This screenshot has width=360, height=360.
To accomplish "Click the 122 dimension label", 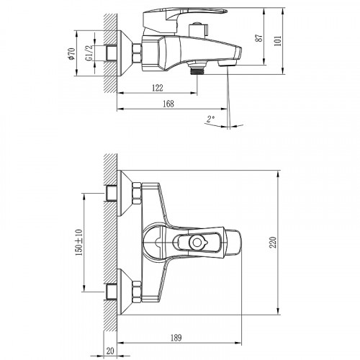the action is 158,88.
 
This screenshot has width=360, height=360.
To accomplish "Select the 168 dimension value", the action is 168,104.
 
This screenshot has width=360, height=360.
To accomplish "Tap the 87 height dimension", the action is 259,38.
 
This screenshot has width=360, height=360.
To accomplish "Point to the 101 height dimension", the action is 277,41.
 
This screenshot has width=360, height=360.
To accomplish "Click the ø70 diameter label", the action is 72,54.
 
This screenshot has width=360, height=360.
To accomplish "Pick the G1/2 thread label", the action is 89,53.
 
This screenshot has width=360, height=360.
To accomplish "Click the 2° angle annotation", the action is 210,119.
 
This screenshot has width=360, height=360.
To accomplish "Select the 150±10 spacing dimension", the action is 79,243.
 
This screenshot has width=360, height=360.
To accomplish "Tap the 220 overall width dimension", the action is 273,243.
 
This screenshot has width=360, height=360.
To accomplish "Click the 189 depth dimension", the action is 176,338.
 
